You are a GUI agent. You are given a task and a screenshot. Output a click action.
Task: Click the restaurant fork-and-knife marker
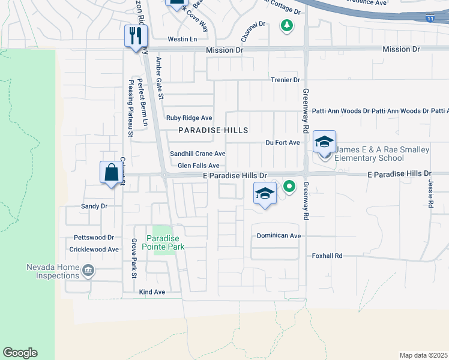pyautogui.click(x=135, y=35)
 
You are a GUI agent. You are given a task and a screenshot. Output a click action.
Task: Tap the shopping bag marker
pyautogui.click(x=111, y=172)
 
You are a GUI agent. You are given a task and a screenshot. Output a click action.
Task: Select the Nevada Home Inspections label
pyautogui.click(x=52, y=271)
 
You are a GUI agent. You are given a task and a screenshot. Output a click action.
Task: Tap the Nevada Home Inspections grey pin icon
pyautogui.click(x=89, y=271)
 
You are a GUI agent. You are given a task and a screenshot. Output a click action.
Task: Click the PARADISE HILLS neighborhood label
pyautogui.click(x=213, y=130)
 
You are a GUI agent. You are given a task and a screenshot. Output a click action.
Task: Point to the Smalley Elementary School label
pyautogui.click(x=369, y=154)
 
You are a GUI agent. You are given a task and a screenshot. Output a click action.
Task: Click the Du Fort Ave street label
pyautogui.click(x=283, y=143)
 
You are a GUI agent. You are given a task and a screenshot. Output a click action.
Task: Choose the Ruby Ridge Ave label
pyautogui.click(x=190, y=118)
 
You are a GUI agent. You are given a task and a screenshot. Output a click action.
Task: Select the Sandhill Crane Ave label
pyautogui.click(x=197, y=154)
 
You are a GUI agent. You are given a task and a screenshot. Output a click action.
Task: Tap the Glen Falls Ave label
pyautogui.click(x=199, y=166)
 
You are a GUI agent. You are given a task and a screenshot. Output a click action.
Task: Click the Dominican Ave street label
pyautogui.click(x=279, y=236)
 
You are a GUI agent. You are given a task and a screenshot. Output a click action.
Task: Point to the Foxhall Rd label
pyautogui.click(x=327, y=256)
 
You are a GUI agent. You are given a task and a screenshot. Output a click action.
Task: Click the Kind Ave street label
pyautogui.click(x=152, y=292)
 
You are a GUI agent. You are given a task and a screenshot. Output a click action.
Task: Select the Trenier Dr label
pyautogui.click(x=285, y=80)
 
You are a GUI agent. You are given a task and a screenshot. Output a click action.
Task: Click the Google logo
pyautogui.click(x=20, y=353)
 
